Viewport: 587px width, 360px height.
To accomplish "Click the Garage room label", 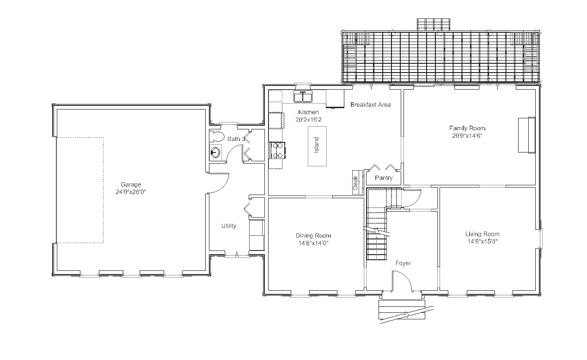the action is tap(131, 184).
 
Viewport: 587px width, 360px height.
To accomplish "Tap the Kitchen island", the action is tap(317, 146).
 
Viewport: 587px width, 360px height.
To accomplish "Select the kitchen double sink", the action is tap(303, 97).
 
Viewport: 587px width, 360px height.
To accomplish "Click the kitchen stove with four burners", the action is tap(277, 150).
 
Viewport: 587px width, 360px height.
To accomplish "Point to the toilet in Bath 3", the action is tap(217, 136).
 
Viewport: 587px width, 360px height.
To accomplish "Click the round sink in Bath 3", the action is tap(215, 153).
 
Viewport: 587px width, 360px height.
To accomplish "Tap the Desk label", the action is tap(355, 183).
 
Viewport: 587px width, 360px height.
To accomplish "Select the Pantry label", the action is tap(384, 178).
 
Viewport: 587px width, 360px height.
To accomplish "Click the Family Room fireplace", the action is tap(526, 135).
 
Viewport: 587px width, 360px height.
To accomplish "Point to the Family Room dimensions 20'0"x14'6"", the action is tap(467, 136).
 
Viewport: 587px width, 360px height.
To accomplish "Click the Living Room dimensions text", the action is tap(483, 241).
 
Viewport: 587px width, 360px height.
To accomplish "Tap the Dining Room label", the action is tap(313, 236).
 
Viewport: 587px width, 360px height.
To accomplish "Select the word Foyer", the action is tap(404, 263).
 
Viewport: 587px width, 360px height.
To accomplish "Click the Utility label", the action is tap(229, 226).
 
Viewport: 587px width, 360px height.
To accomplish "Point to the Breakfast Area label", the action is tap(371, 105).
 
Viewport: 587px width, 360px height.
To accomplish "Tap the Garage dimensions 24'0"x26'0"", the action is tap(131, 192).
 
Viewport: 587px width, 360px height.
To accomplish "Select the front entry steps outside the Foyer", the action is tap(402, 310).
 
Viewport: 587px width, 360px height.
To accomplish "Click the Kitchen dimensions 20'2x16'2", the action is tap(308, 120).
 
